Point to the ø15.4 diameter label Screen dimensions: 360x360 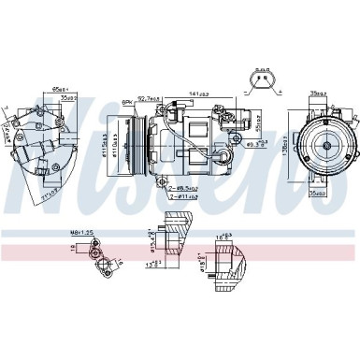click(x=151, y=240)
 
